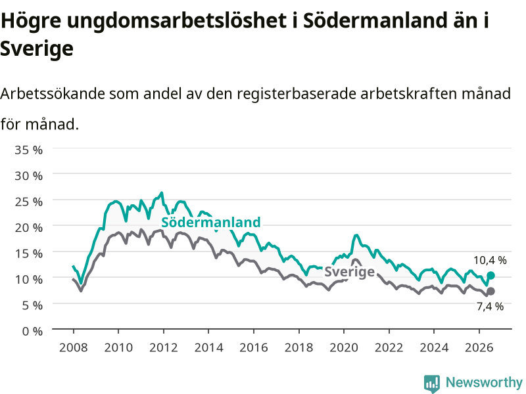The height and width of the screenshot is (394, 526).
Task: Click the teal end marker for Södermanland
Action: (x=490, y=275)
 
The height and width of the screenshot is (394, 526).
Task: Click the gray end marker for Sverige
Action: (x=490, y=291)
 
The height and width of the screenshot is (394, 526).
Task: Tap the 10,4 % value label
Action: (x=490, y=260)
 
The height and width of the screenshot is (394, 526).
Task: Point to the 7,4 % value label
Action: (x=490, y=306)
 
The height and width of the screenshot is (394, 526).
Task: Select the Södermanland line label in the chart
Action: (x=210, y=222)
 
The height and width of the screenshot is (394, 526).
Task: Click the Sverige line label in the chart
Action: (x=349, y=271)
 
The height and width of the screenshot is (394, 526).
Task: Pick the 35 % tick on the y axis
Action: (x=28, y=150)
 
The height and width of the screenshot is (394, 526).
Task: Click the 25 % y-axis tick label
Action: (x=28, y=202)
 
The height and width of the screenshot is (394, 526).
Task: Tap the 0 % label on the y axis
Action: (x=32, y=331)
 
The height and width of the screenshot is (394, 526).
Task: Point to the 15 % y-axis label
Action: (x=28, y=253)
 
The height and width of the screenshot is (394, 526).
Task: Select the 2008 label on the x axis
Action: (x=73, y=347)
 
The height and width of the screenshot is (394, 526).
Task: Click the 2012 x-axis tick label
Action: (x=163, y=347)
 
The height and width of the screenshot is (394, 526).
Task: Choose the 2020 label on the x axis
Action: (x=344, y=347)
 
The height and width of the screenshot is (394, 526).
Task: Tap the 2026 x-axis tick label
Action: (x=479, y=347)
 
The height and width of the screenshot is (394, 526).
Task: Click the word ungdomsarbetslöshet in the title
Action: (x=176, y=21)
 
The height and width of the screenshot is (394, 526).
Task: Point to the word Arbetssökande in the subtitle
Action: (x=53, y=93)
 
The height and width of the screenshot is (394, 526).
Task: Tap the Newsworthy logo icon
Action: (x=432, y=383)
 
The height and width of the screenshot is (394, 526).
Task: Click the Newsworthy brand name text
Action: (x=484, y=382)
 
